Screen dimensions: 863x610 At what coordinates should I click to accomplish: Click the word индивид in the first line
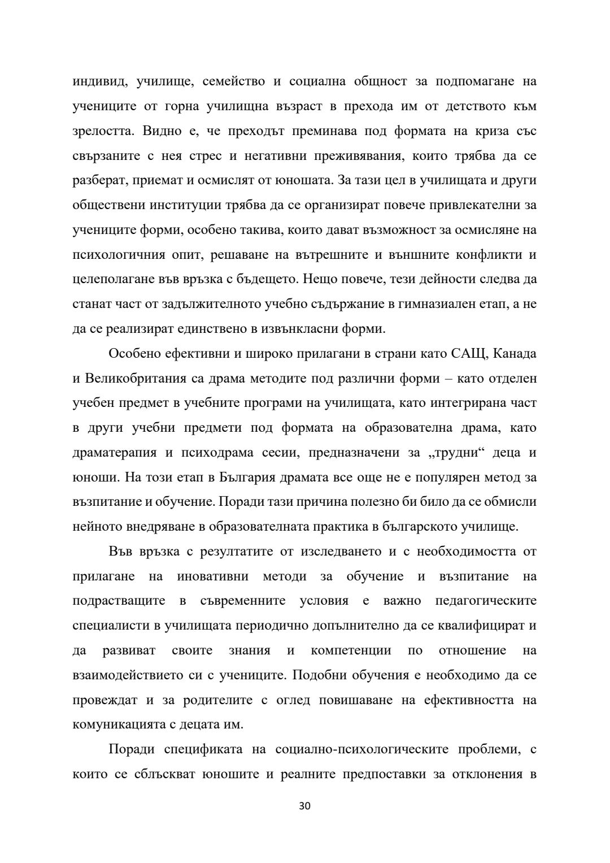pos(95,81)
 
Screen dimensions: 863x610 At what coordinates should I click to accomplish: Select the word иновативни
pos(212,576)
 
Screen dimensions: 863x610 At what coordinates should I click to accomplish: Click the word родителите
pos(216,700)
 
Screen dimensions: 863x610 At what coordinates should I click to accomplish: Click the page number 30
pos(304,806)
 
